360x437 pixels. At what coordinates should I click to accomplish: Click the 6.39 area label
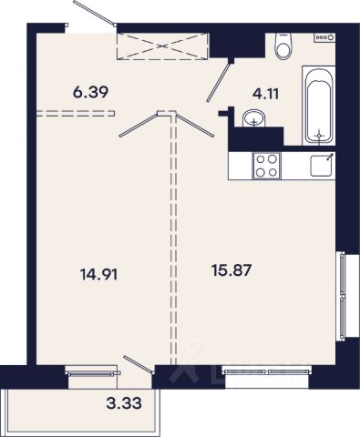(90, 92)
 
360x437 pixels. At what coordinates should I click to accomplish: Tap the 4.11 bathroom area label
(265, 94)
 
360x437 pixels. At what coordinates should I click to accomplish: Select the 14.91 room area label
(98, 275)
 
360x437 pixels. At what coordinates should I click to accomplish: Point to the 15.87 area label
(231, 269)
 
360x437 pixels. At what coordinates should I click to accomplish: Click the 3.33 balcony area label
(124, 403)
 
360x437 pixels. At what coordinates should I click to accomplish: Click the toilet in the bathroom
(283, 46)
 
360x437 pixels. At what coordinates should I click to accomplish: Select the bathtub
(318, 106)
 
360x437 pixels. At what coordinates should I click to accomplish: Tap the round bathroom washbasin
(254, 118)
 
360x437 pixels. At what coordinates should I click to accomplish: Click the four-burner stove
(267, 166)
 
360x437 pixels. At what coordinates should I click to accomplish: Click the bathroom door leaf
(218, 81)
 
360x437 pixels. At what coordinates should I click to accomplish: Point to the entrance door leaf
(95, 14)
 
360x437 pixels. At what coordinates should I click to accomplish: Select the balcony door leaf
(138, 364)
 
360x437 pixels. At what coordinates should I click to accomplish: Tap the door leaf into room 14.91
(139, 125)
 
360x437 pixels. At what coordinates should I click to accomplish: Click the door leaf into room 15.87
(195, 124)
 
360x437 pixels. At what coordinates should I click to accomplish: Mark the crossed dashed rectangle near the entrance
(163, 46)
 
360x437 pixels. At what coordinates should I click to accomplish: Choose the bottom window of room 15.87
(267, 371)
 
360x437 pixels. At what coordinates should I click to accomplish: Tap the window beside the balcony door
(93, 372)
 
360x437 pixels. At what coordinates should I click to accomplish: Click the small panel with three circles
(324, 37)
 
